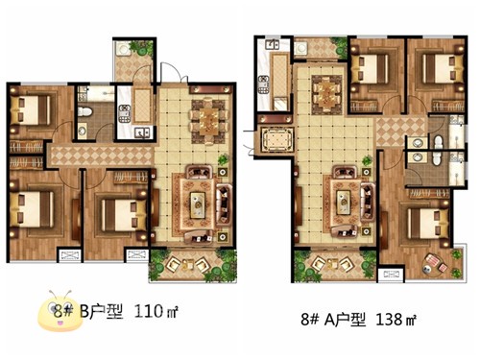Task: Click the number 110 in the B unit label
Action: pos(148,311)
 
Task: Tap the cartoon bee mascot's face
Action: pos(60,311)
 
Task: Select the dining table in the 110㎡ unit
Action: pos(209,122)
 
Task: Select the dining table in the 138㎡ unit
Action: pos(326,95)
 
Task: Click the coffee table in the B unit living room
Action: pos(198,205)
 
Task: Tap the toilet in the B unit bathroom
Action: pos(85,111)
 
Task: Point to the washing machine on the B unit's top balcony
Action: pos(123,49)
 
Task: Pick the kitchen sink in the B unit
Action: pos(142,132)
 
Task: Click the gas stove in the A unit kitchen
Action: pos(264,84)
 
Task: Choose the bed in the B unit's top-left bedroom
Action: pos(31,110)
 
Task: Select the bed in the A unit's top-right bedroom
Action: pos(443,69)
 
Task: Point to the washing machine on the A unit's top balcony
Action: pos(301,49)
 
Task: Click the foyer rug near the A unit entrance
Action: pos(277,140)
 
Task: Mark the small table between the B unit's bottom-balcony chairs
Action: pos(188,265)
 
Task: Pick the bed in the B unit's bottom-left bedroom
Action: pos(32,209)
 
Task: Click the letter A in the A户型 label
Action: pos(329,320)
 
